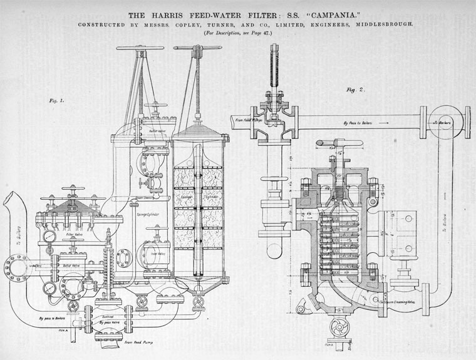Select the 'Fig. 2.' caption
[355, 90]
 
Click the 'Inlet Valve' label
[157, 254]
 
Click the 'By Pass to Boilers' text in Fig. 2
[357, 123]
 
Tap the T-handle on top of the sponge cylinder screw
[197, 48]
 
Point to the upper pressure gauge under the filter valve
[48, 237]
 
